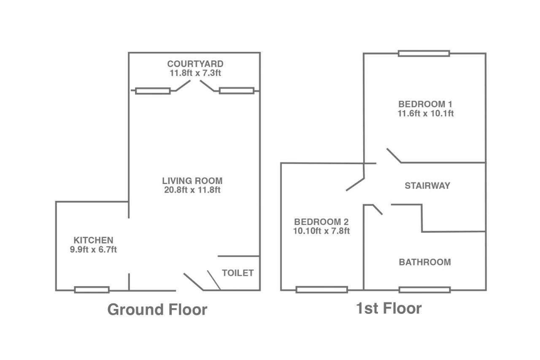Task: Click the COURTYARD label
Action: tap(195, 64)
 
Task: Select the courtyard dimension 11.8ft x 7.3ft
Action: tap(195, 73)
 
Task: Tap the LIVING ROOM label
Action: tap(192, 181)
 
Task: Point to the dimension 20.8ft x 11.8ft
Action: tap(192, 190)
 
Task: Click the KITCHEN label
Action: tap(93, 240)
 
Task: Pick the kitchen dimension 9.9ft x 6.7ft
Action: tap(93, 249)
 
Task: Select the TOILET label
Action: tap(238, 273)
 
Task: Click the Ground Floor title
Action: tap(157, 309)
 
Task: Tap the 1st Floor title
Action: tap(389, 309)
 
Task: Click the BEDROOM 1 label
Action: tap(425, 104)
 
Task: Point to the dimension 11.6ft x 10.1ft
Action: tap(426, 114)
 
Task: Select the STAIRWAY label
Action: tap(427, 186)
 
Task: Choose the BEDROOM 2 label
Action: tap(321, 222)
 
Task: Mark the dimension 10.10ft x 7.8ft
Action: tap(321, 231)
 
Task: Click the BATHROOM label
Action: tap(425, 262)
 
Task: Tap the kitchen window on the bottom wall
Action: tap(92, 290)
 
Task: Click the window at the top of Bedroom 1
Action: tap(424, 53)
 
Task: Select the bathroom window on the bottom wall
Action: tap(424, 290)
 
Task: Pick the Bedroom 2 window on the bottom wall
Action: tap(321, 290)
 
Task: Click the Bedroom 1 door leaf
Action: tap(394, 156)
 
